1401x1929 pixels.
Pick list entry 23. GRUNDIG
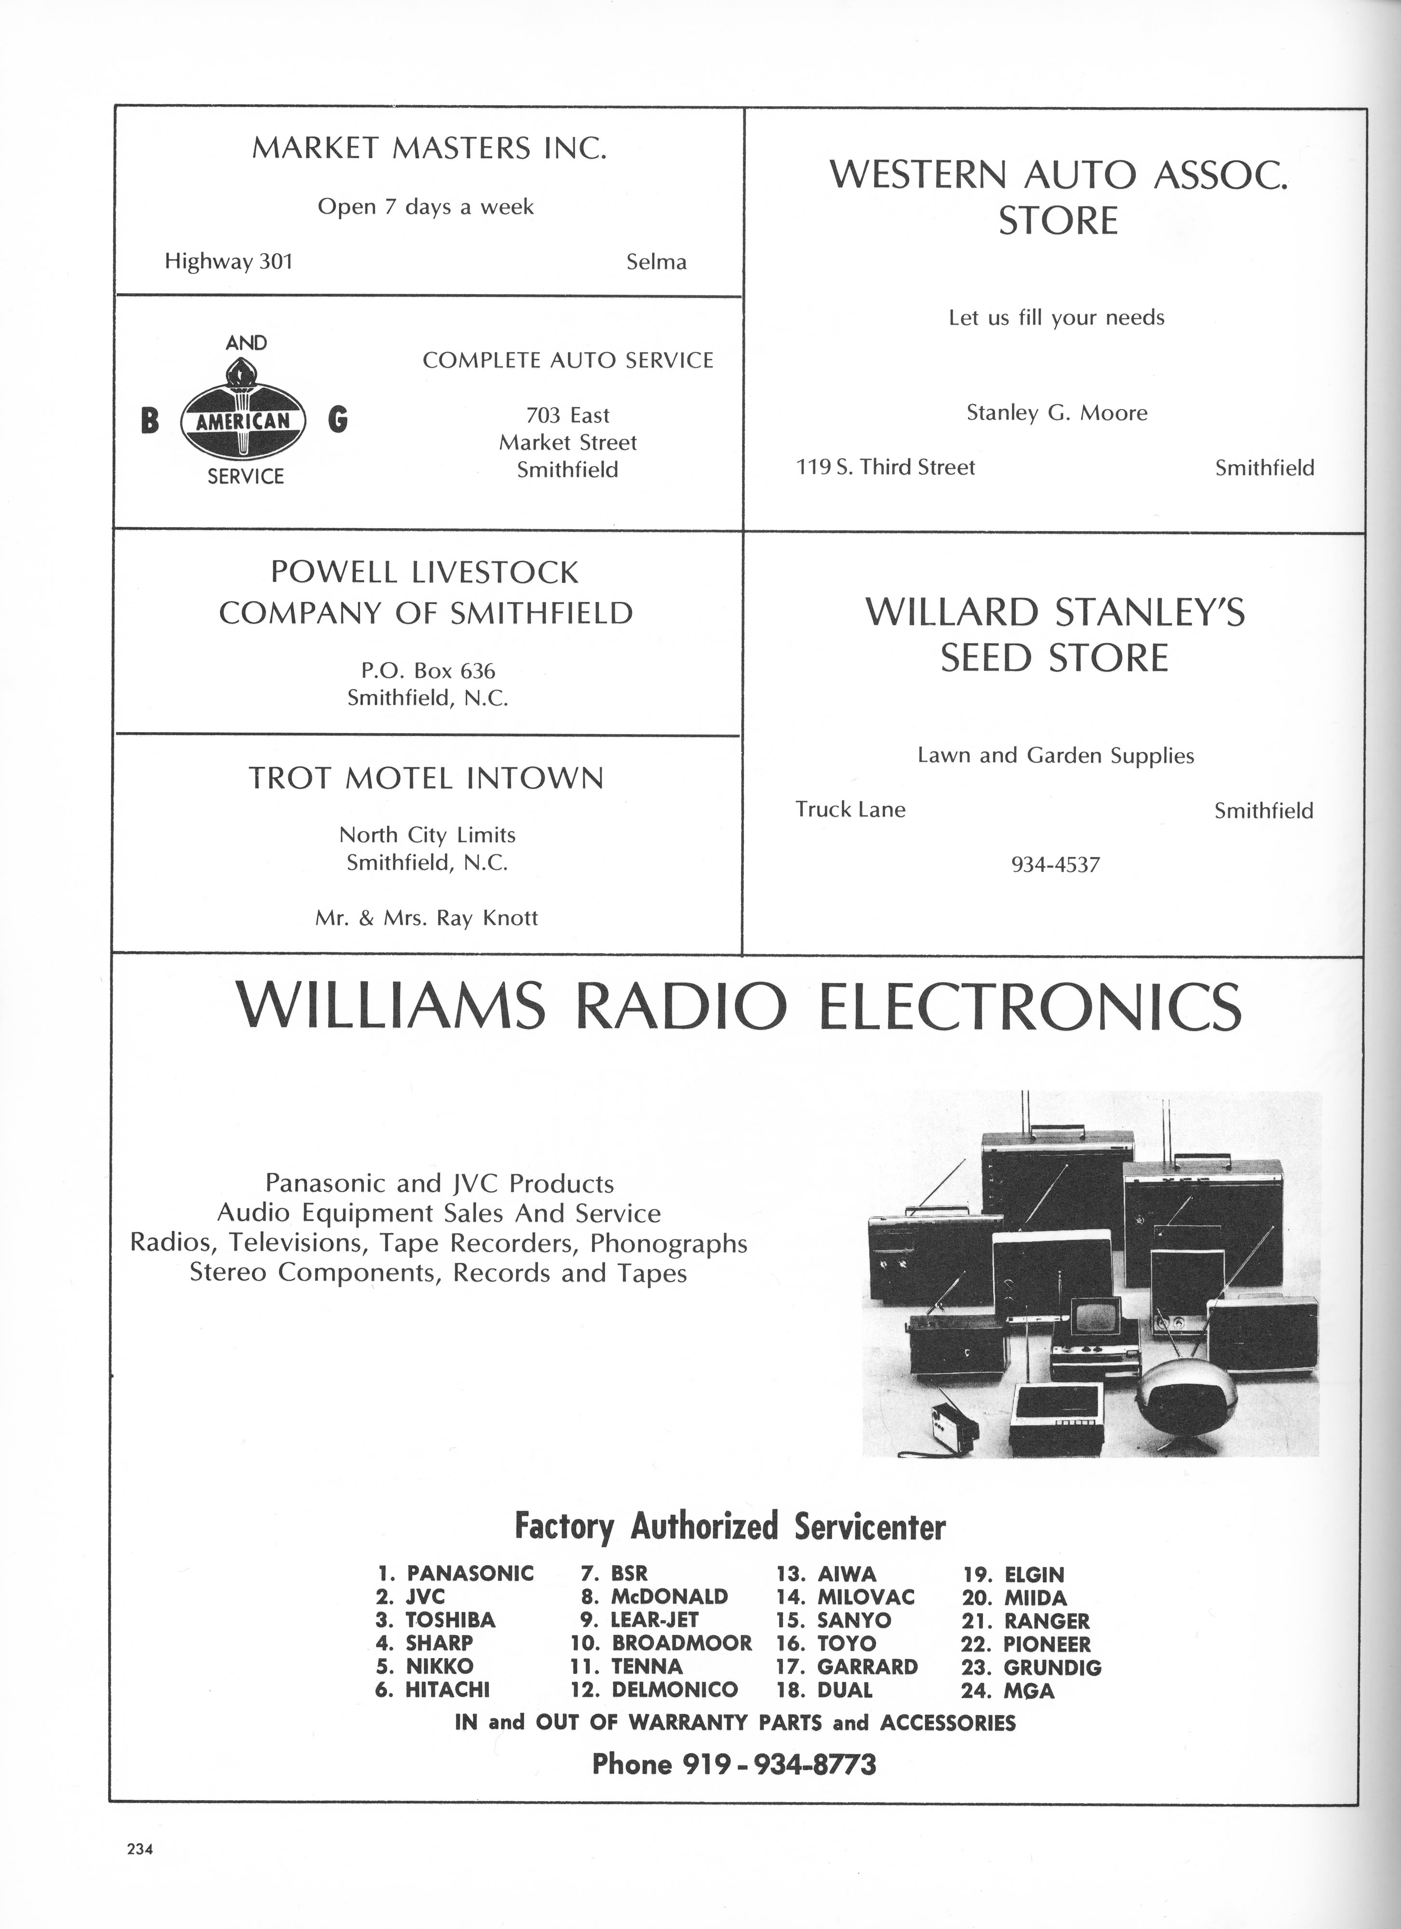(1031, 1667)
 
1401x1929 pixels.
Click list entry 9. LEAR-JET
(639, 1620)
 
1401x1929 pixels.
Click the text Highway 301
(229, 261)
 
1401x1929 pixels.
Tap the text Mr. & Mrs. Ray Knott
(427, 918)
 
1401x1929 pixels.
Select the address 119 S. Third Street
(885, 467)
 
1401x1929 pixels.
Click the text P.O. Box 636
(428, 670)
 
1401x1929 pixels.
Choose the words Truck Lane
(850, 809)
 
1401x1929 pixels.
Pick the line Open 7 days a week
(426, 207)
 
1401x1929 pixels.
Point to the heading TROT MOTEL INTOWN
(426, 778)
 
